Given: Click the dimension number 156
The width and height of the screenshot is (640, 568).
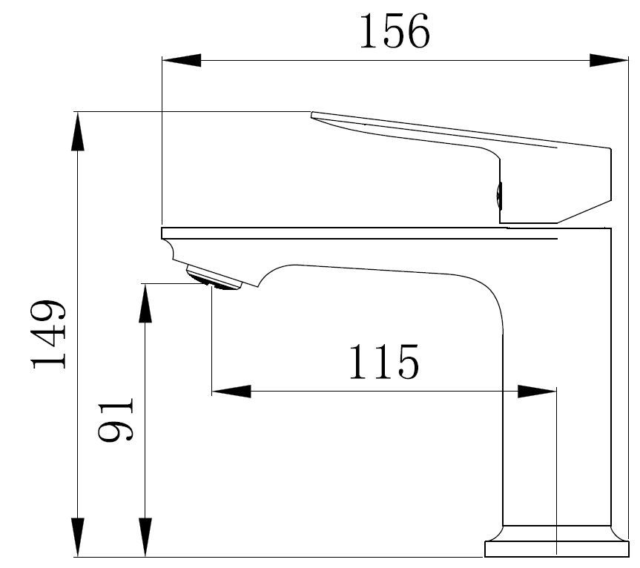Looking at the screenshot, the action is [395, 31].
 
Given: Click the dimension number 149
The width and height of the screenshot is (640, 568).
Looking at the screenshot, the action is [48, 334].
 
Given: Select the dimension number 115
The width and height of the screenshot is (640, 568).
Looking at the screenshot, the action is [384, 362].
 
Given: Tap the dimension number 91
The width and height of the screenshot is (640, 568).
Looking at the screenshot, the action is [116, 419].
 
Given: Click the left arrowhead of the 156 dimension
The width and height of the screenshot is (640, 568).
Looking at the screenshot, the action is [182, 60].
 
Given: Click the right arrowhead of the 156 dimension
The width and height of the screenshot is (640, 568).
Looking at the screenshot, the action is [609, 60].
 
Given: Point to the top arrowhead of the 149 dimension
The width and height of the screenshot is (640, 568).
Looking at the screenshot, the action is [78, 131].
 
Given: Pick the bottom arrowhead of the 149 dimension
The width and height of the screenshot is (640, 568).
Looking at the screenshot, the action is [78, 537].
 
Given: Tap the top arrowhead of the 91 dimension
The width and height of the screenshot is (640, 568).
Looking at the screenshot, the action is [145, 303].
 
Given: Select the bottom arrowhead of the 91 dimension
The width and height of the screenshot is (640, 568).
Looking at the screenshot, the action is [145, 537].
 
